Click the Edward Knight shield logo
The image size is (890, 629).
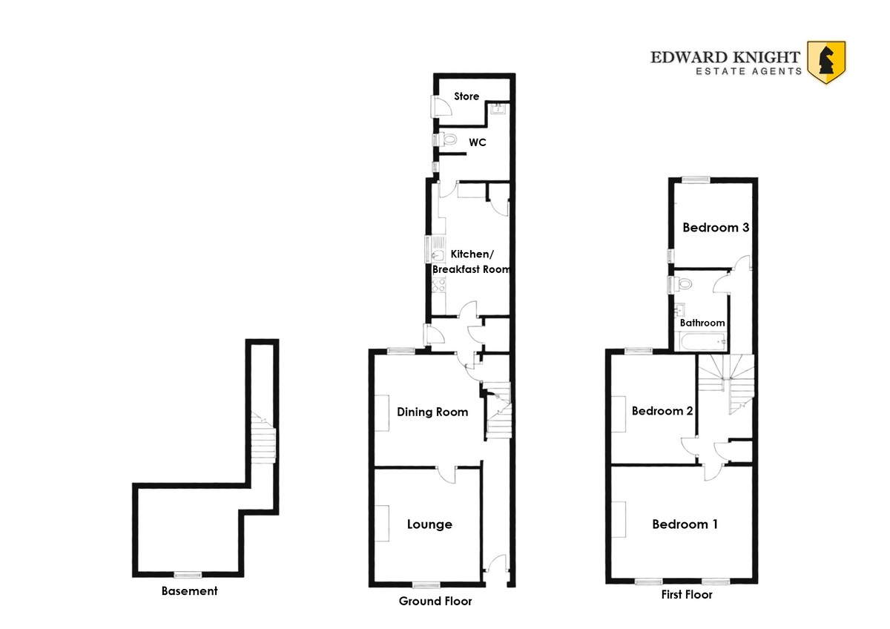[826, 63]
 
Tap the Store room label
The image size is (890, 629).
[467, 96]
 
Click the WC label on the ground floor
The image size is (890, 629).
[477, 142]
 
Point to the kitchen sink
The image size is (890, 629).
[438, 249]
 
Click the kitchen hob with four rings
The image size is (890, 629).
[438, 285]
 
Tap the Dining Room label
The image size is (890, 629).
[432, 412]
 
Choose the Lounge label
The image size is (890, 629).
[429, 524]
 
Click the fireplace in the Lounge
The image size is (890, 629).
[381, 523]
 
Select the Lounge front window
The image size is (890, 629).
[426, 584]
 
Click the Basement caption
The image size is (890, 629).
[190, 591]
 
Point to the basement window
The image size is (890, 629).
[188, 575]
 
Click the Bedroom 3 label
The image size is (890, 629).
[716, 227]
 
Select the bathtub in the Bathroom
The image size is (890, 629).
[703, 342]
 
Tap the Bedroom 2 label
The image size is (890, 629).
[662, 410]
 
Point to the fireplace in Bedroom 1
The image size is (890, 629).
[619, 520]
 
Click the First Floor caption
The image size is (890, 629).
[687, 594]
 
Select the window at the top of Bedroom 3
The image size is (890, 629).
[696, 180]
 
